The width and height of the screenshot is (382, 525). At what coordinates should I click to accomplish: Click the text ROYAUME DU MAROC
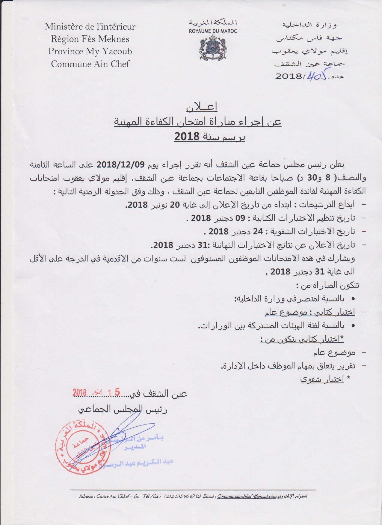[213, 31]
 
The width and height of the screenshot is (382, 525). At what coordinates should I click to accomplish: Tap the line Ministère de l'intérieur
[90, 27]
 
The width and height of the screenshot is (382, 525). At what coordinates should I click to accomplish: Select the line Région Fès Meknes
[90, 39]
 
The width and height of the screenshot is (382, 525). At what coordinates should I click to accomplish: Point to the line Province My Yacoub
[90, 51]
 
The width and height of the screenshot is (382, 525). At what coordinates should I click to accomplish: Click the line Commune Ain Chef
[90, 64]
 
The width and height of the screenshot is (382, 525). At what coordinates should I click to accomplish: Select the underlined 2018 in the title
[187, 137]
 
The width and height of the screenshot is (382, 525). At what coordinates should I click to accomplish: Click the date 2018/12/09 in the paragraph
[121, 165]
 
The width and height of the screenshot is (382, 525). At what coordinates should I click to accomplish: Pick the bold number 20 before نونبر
[175, 205]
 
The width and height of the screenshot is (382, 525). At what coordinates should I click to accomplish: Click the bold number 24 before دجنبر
[258, 232]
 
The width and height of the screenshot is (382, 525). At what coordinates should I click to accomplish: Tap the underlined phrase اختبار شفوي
[322, 379]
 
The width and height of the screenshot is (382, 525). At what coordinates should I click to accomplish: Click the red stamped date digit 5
[117, 392]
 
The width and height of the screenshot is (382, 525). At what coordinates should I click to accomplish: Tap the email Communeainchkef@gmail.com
[247, 496]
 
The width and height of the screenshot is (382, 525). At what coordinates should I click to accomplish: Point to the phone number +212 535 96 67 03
[182, 496]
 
